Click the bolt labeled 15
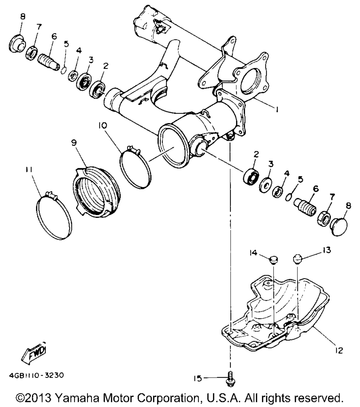[229, 378]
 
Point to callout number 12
[339, 349]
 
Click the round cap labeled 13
[297, 258]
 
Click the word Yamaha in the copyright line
[77, 398]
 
